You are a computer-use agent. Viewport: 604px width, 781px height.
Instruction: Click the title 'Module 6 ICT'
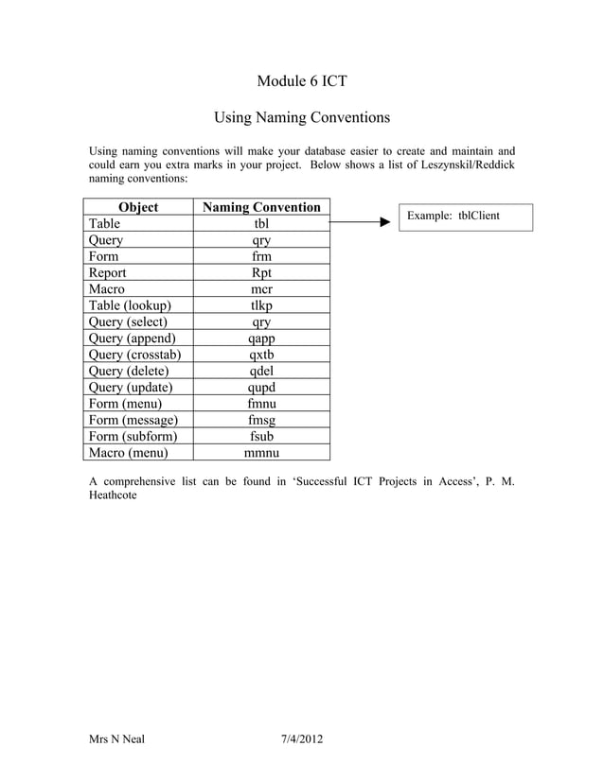tap(302, 81)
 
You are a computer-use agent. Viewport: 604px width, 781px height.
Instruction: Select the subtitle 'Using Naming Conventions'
tap(302, 118)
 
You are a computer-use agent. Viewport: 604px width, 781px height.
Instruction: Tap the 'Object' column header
tap(137, 207)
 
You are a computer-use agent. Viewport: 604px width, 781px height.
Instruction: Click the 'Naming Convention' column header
tap(261, 207)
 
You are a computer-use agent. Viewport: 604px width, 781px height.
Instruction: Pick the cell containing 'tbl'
tap(261, 224)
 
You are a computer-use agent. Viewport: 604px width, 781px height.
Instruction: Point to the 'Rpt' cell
tap(261, 272)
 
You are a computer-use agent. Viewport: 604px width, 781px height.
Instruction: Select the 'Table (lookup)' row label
tap(130, 305)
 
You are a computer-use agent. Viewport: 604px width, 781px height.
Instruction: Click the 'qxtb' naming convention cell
tap(261, 355)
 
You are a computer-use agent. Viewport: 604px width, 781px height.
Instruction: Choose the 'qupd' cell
tap(261, 387)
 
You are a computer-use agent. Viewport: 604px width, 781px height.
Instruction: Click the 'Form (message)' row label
tap(133, 420)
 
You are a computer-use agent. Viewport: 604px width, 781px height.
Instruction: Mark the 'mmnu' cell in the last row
tap(261, 453)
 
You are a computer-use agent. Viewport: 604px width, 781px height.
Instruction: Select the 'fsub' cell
tap(261, 436)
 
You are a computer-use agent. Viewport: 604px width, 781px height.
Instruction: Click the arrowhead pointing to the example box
tap(383, 223)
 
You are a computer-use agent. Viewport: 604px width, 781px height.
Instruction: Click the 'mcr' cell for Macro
tap(261, 288)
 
